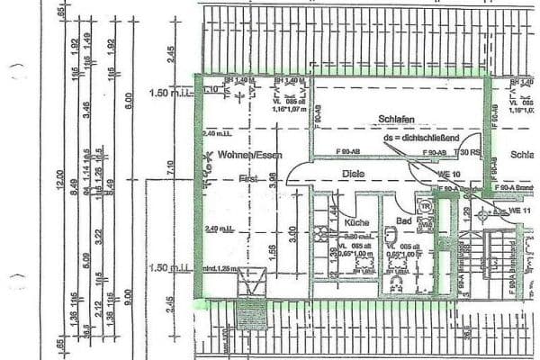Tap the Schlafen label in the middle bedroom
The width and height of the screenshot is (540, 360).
tap(397, 118)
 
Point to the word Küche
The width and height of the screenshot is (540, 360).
tap(356, 221)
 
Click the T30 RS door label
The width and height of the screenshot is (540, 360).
tap(471, 151)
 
